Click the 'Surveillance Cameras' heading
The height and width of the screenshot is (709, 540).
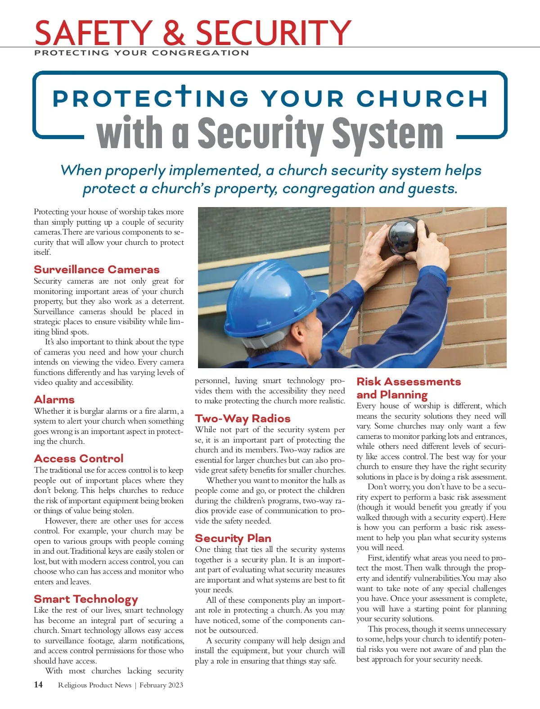pos(96,270)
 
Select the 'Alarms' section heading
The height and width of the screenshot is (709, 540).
pos(54,400)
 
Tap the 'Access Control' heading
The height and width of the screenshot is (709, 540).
pos(78,459)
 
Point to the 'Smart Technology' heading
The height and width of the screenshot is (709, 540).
pos(85,599)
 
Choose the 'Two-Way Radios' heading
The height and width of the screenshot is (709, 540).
pos(243,419)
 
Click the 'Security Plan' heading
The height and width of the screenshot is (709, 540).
pos(233,538)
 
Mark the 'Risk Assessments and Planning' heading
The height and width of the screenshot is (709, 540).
pos(408,388)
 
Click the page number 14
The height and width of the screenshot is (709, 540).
pos(38,685)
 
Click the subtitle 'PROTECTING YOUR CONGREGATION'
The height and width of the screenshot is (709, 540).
pos(141,53)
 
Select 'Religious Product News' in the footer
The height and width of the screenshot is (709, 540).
pos(94,685)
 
